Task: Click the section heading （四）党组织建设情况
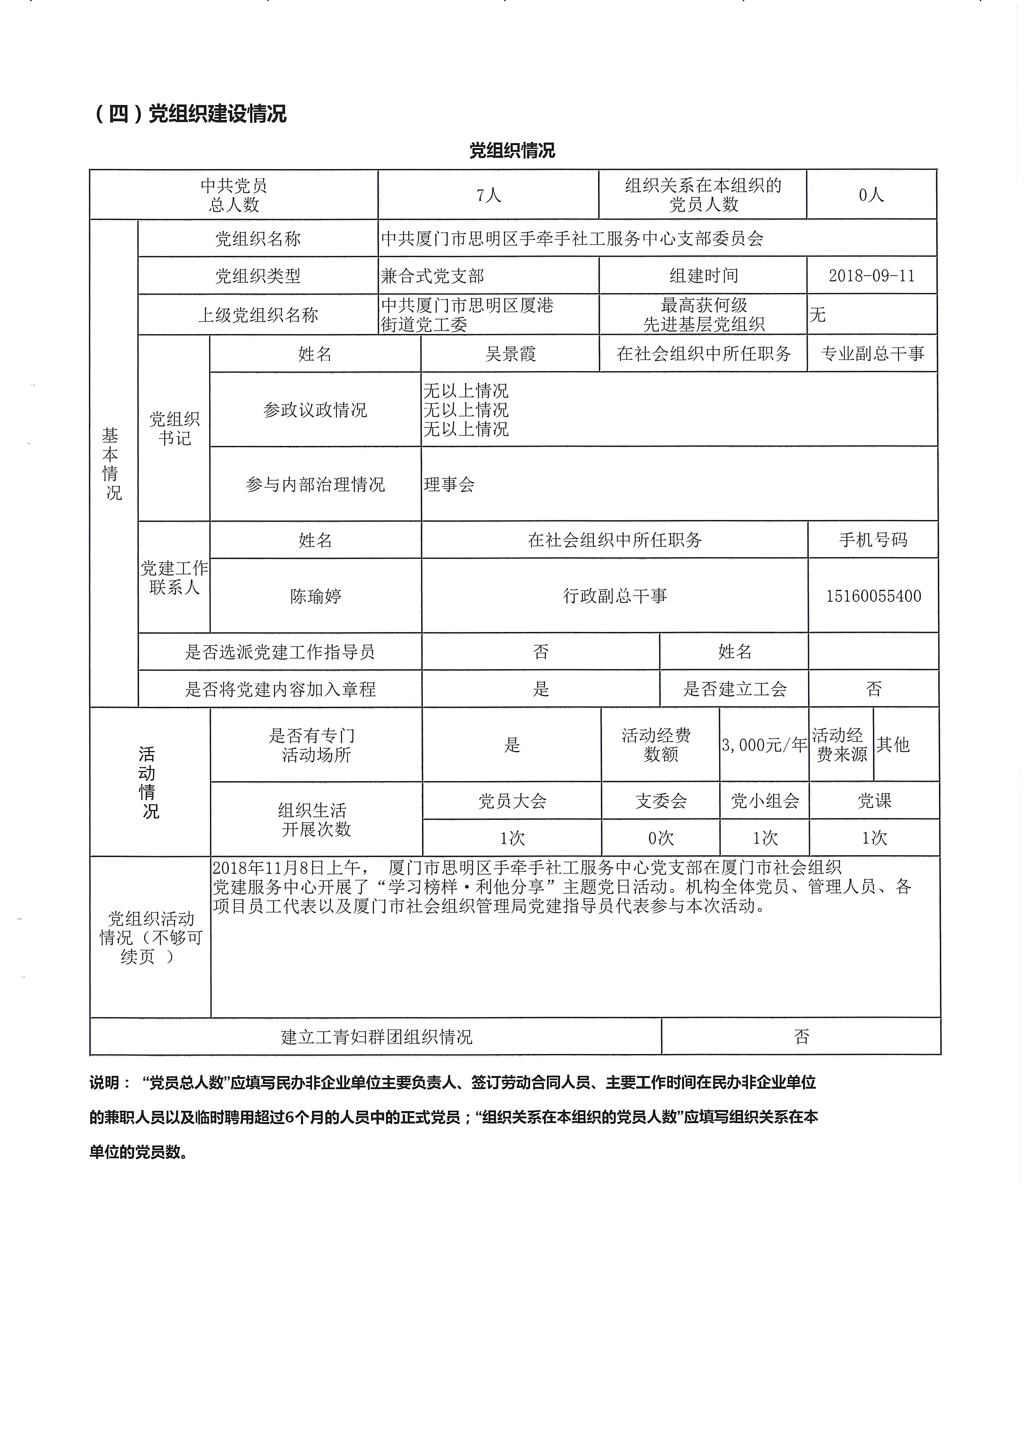tap(191, 114)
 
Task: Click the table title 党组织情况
tap(512, 151)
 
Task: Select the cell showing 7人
tap(489, 195)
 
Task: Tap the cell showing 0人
tap(871, 195)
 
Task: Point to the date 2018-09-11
tap(872, 276)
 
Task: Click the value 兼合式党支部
tap(433, 276)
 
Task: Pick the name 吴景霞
tap(510, 353)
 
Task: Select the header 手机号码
tap(873, 540)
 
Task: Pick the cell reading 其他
tap(893, 744)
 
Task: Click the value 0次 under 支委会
tap(661, 838)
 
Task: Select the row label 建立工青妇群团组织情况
tap(376, 1038)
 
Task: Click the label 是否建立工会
tap(734, 689)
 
